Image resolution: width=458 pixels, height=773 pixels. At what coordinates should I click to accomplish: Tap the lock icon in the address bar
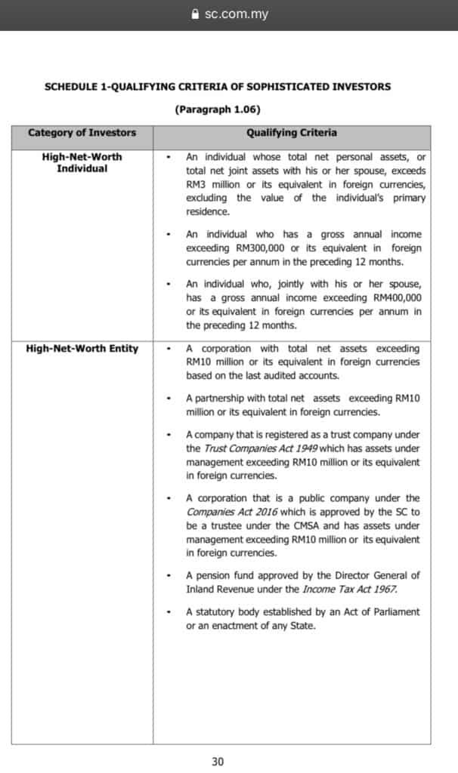point(196,14)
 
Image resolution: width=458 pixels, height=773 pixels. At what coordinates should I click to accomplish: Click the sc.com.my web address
point(236,14)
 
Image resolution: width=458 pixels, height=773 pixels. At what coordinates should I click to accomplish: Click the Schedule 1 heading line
point(218,86)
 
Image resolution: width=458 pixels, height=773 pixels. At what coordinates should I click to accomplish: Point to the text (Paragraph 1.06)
point(218,109)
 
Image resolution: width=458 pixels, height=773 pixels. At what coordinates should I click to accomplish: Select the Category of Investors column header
point(82,133)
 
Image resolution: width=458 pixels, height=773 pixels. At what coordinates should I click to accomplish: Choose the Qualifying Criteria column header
point(292,133)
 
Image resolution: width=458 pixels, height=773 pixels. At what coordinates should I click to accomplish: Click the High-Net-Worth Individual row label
point(82,162)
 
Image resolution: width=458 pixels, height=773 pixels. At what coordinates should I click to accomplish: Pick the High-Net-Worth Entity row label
point(82,349)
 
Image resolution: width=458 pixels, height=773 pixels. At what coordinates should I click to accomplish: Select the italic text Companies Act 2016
point(221,512)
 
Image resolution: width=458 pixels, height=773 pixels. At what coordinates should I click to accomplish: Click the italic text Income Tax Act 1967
point(350,589)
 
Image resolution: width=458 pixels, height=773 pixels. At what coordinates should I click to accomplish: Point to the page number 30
point(218,761)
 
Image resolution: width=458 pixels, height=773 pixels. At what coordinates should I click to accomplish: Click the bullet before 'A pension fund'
point(169,575)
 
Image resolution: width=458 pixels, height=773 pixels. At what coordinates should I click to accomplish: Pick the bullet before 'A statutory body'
point(169,611)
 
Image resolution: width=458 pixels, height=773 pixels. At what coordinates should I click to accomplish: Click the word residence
point(207,212)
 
